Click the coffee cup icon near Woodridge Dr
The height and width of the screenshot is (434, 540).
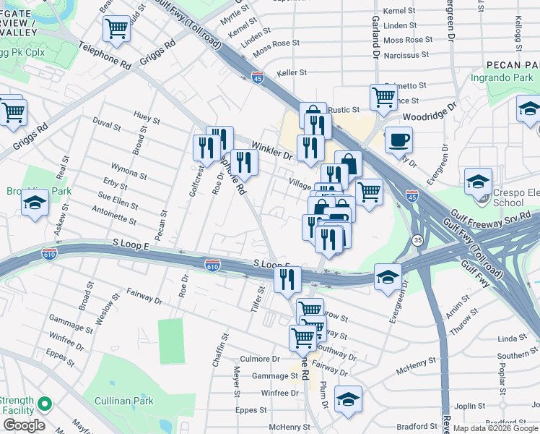click(x=398, y=140)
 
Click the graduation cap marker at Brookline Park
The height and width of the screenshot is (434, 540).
click(x=35, y=204)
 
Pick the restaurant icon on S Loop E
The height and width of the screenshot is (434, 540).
click(x=287, y=279)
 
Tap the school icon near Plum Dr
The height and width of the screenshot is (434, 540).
click(x=348, y=399)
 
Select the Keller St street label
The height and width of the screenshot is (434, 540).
click(x=292, y=73)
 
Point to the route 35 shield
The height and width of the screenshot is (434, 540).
click(x=417, y=239)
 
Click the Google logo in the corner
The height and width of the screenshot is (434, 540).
click(x=24, y=425)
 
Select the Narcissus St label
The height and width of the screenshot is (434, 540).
click(x=406, y=54)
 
